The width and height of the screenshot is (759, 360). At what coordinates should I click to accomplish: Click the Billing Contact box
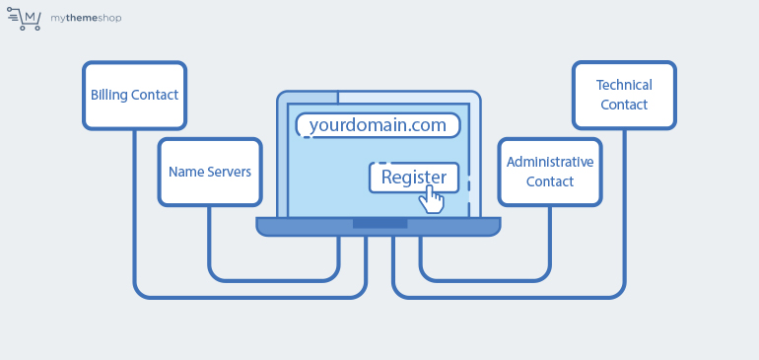134,96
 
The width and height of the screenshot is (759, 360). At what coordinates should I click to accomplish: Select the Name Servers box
210,172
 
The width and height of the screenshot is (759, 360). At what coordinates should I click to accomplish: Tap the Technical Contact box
624,95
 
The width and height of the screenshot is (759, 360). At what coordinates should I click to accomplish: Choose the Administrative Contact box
550,172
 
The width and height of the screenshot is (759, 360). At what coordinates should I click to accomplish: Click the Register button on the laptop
413,178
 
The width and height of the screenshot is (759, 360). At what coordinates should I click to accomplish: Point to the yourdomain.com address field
378,125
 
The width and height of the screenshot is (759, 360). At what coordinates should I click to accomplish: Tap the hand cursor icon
431,199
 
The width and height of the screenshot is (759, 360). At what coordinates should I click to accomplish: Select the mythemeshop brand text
88,18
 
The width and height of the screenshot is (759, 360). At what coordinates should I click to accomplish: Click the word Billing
108,96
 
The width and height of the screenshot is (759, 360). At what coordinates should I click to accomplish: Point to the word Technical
624,86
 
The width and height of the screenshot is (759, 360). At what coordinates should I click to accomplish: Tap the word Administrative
550,162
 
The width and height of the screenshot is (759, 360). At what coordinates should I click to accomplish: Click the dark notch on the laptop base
379,224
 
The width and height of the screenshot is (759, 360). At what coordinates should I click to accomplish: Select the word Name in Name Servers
185,172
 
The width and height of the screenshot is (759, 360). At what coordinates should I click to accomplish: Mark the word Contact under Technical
624,105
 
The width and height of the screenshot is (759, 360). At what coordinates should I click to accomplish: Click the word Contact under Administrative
550,181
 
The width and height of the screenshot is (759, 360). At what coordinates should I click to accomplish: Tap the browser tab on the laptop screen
308,98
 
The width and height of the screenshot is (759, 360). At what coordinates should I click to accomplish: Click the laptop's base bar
296,227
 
